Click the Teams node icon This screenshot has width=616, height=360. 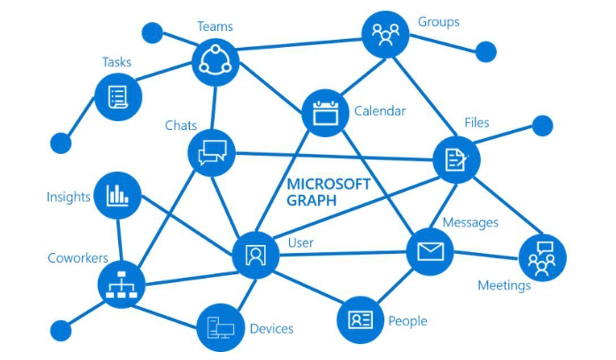(x=215, y=62)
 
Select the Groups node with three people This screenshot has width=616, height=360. (x=385, y=34)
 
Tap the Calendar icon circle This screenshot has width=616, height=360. (x=325, y=113)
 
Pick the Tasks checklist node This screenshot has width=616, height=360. (x=117, y=97)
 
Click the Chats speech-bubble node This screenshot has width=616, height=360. (x=212, y=153)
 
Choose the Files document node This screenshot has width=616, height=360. (x=456, y=160)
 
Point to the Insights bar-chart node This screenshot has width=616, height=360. (x=117, y=195)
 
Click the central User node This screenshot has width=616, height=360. (x=255, y=255)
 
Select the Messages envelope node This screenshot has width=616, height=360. (x=430, y=251)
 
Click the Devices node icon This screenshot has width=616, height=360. (x=220, y=328)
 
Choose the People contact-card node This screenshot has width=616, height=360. (x=360, y=320)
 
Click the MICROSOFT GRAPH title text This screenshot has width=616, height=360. (x=328, y=192)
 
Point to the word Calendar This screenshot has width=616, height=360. (x=380, y=111)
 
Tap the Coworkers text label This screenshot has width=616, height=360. (x=78, y=258)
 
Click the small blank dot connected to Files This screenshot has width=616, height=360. (x=542, y=126)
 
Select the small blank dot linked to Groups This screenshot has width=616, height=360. (x=485, y=52)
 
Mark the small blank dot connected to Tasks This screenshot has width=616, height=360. (x=61, y=143)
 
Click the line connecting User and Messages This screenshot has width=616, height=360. (x=343, y=253)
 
